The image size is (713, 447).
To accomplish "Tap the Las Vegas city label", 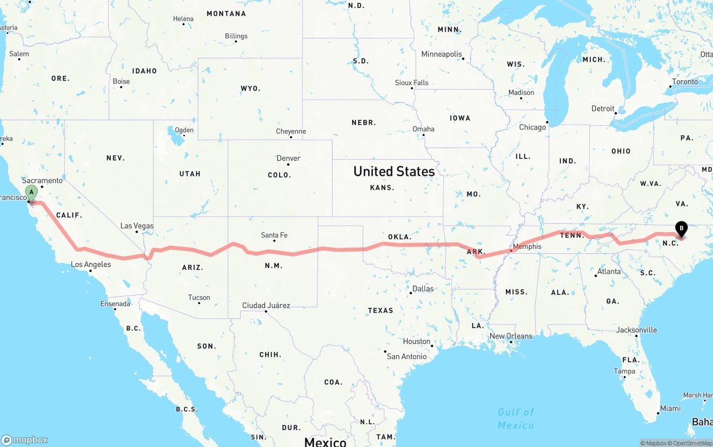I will (x=137, y=226).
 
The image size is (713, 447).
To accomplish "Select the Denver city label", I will (x=289, y=159).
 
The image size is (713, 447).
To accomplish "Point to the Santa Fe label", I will (x=274, y=235).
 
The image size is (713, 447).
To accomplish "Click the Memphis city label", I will (x=527, y=247).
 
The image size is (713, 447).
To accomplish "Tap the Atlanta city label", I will (x=609, y=272).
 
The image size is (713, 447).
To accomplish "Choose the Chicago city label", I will (x=533, y=127).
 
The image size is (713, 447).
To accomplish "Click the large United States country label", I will (x=394, y=171).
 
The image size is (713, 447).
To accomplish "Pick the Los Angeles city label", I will (x=91, y=264).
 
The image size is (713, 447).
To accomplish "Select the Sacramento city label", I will (x=42, y=181).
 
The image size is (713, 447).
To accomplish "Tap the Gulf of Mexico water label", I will (x=516, y=418).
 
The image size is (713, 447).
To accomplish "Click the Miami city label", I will (x=670, y=409).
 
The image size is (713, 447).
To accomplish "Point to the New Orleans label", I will (x=511, y=336).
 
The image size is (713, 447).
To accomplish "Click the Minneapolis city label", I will (x=442, y=55).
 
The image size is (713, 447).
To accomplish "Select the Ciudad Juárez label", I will (x=266, y=306).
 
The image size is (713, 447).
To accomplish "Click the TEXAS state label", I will (x=380, y=311).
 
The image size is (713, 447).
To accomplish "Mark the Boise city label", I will (x=121, y=81).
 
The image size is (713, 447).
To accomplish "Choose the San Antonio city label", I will (x=407, y=357).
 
